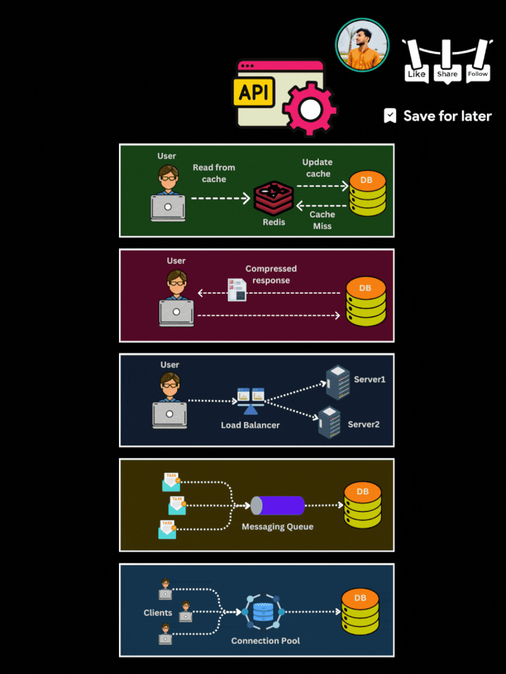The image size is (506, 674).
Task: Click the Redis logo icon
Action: (x=273, y=198)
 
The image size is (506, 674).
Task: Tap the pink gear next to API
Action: (x=310, y=109)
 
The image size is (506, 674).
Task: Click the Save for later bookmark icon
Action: (x=390, y=116)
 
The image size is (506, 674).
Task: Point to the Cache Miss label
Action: (x=323, y=220)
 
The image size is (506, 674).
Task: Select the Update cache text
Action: (x=318, y=168)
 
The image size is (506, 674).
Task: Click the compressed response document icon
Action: (x=237, y=289)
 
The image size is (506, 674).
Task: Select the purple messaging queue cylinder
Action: (x=278, y=505)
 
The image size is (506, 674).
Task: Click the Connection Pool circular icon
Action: (x=263, y=612)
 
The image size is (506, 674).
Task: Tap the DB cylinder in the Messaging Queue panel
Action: (x=362, y=505)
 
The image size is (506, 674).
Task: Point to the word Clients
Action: (x=157, y=613)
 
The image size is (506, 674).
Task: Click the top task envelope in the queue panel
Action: (x=171, y=482)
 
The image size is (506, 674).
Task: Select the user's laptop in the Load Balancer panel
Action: (x=170, y=415)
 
